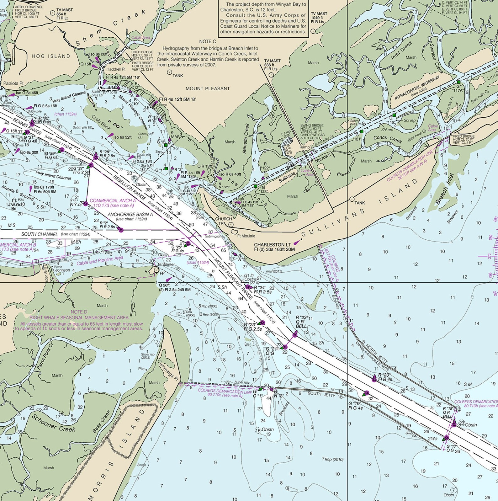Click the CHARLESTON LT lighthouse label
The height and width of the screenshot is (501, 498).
(272, 244)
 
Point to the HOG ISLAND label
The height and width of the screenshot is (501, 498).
(51, 56)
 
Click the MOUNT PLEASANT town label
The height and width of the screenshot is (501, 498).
(208, 88)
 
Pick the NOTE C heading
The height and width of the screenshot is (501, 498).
(208, 41)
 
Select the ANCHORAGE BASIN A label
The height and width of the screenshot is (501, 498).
(130, 215)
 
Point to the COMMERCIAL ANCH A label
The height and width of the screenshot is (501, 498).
(113, 200)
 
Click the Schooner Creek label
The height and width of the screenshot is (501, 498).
(53, 423)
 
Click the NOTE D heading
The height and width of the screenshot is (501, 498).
(79, 312)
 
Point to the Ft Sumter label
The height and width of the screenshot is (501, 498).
(166, 264)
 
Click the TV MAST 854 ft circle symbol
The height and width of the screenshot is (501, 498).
(52, 13)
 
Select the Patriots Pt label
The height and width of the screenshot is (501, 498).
(13, 83)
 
